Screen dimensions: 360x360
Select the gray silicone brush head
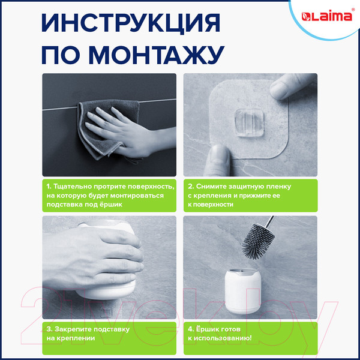[263, 237]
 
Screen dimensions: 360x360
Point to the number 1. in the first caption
[49, 185]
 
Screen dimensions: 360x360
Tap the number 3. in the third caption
[49, 329]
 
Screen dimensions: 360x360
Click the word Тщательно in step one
[77, 185]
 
